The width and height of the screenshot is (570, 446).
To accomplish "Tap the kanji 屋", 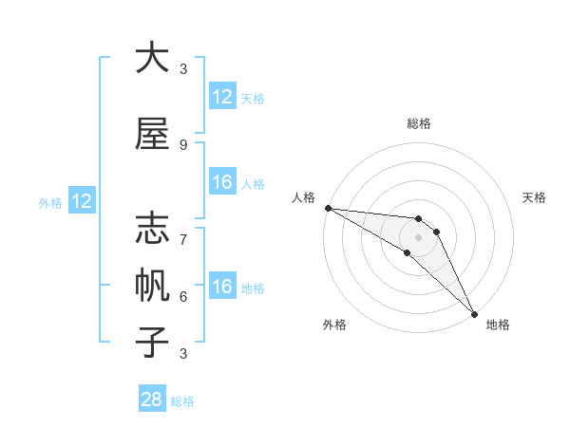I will [152, 135].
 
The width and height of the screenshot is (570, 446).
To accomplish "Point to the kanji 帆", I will [152, 285].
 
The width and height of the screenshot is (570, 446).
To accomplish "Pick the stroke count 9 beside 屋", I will [183, 145].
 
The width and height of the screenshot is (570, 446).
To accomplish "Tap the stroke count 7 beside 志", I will [183, 231].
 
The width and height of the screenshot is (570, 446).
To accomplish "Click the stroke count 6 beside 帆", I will [183, 296].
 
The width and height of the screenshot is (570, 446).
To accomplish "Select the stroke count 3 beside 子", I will [183, 354].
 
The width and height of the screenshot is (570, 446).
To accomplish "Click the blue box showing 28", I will [152, 400].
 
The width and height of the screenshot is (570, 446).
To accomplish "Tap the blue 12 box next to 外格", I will [81, 201].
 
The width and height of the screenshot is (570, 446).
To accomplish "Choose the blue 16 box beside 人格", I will [222, 182].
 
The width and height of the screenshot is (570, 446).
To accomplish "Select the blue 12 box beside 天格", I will [222, 97].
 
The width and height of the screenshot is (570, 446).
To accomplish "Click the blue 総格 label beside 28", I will [182, 400].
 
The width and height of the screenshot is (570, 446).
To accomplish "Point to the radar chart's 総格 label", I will [418, 123].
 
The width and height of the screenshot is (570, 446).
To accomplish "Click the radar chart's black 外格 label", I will [334, 325].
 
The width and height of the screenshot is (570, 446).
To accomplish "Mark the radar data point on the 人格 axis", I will [328, 208].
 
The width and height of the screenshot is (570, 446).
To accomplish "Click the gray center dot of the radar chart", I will [418, 237].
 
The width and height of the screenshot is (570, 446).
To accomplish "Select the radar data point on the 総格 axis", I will [418, 219].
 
